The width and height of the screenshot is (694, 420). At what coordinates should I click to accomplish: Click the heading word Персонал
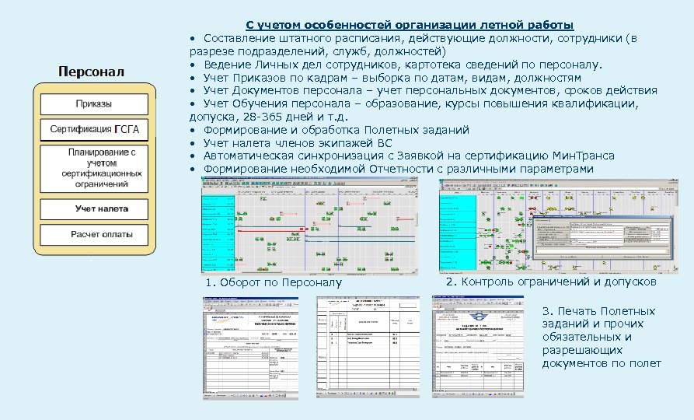pos(92,72)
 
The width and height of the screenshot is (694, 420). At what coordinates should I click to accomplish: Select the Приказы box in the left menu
pos(93,103)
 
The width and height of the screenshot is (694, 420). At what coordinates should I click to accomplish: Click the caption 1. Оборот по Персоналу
pos(274,282)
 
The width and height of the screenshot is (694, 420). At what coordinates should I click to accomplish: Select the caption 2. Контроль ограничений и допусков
pos(551,281)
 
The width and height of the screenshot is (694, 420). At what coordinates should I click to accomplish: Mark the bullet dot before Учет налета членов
pos(191,142)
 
